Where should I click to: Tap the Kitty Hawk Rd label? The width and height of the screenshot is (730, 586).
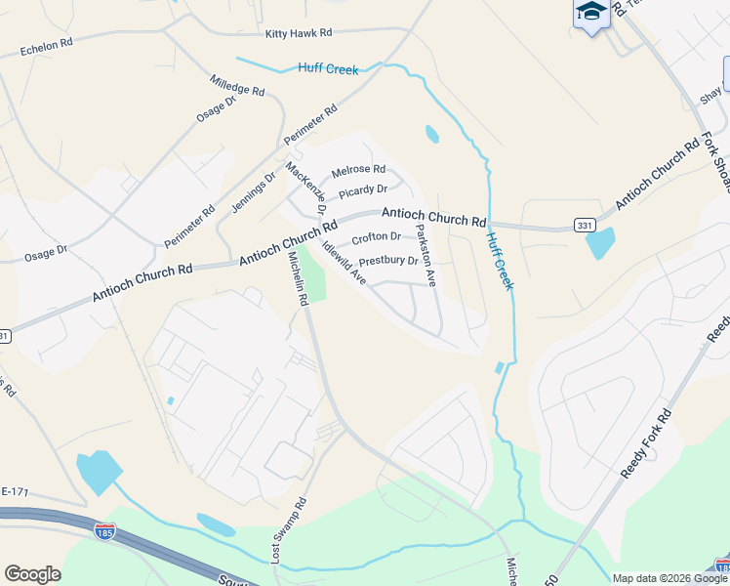[299, 33]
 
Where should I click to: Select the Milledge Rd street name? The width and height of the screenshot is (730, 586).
[237, 84]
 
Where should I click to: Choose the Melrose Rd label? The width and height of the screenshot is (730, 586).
[358, 170]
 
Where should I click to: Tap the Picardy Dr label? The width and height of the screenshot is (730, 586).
[363, 189]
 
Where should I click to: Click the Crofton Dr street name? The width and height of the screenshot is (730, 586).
[376, 237]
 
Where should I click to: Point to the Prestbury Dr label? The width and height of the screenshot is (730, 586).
[387, 262]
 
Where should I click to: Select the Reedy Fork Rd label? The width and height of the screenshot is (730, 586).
[646, 444]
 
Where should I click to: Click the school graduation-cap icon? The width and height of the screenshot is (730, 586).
[590, 13]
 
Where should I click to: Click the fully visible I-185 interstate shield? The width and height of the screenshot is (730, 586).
[104, 532]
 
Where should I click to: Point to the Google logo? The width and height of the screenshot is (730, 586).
[32, 574]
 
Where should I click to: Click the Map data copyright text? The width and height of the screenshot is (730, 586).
[669, 578]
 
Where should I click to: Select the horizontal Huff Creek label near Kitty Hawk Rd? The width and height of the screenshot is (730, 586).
[328, 68]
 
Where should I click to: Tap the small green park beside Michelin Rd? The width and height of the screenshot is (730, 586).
[311, 274]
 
